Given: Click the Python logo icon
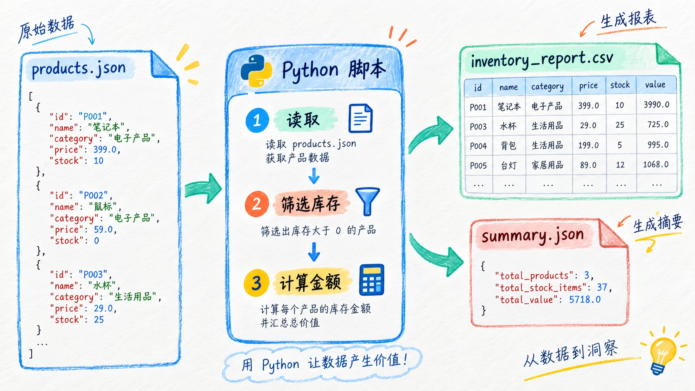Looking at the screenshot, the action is [x=256, y=71].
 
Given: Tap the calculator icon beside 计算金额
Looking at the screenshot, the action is [x=372, y=280].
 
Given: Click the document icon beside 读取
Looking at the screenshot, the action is [x=360, y=118].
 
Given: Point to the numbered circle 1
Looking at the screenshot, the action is [x=257, y=120].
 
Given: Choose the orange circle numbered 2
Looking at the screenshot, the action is [x=256, y=204].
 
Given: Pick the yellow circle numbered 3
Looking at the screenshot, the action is [x=256, y=283].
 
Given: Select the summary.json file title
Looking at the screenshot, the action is [x=532, y=236].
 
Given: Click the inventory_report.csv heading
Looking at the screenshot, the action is [x=542, y=59].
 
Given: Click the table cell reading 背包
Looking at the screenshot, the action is [x=508, y=145].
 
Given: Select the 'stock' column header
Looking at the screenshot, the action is [x=620, y=85].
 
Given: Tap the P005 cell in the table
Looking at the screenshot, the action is [x=478, y=165].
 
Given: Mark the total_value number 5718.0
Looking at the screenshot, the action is [x=585, y=300].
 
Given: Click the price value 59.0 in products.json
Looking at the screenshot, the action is [x=104, y=229].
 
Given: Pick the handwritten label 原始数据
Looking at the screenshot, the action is [x=47, y=29].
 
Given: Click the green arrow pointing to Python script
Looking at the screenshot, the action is [x=203, y=188].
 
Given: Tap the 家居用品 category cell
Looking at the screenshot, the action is [x=547, y=165].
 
